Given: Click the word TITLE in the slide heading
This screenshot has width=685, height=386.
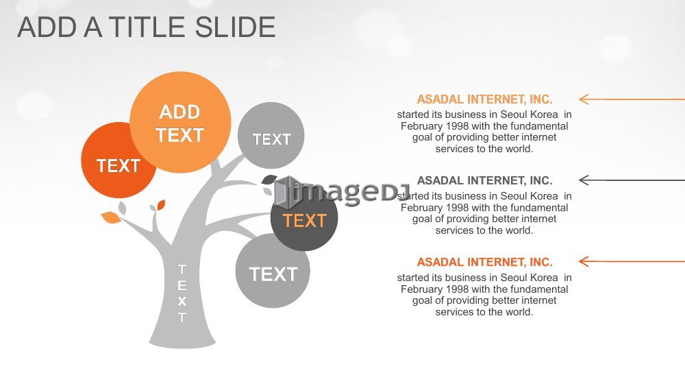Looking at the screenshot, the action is tap(148, 27).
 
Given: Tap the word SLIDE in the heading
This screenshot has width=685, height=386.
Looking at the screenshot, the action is tap(235, 27).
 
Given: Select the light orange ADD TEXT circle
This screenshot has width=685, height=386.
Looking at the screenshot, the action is tap(180, 123).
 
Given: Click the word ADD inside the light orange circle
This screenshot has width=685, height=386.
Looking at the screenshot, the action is tap(179, 112).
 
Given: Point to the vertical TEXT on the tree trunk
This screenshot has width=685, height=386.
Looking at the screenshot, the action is tap(182, 293).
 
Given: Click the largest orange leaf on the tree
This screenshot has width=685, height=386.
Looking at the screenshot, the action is tap(111, 217).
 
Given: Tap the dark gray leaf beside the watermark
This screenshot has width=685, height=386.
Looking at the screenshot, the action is tap(269, 179).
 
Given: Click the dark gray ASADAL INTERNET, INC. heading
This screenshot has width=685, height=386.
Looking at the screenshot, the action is tap(484, 180).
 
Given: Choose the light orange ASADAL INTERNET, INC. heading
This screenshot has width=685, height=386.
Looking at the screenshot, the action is tap(484, 99).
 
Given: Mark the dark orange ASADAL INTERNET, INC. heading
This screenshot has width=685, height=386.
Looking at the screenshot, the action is tap(484, 262).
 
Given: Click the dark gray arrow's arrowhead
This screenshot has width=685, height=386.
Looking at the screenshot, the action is tap(583, 180).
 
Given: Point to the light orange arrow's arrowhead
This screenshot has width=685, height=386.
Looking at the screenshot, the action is tap(583, 99).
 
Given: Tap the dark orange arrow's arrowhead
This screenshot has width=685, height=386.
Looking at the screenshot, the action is tap(583, 261).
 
